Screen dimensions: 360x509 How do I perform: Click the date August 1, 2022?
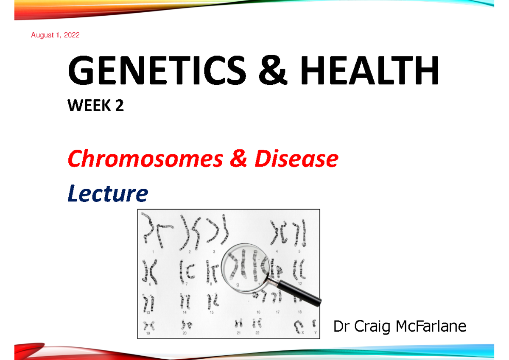(x=55, y=36)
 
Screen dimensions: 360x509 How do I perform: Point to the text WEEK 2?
(x=96, y=106)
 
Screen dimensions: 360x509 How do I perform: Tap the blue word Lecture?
(x=108, y=194)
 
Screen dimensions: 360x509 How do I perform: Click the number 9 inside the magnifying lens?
(x=238, y=285)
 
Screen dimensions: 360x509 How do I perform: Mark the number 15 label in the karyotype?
(x=211, y=313)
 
